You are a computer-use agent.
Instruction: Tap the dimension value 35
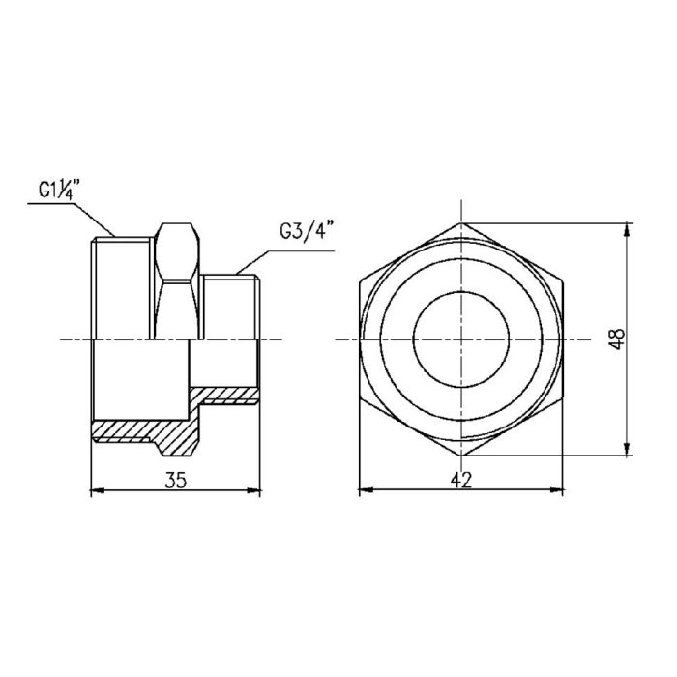[175, 479]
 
